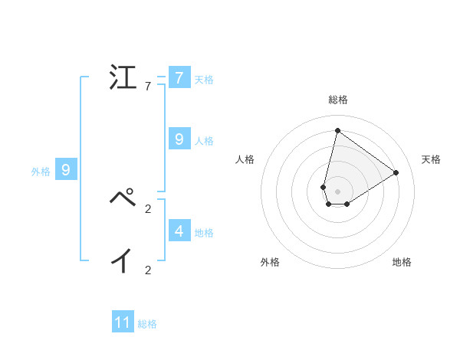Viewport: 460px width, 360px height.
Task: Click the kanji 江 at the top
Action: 123,78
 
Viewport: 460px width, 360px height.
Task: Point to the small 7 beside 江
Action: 147,87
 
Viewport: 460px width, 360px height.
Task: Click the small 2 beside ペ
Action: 148,208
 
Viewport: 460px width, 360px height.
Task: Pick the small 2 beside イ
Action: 148,270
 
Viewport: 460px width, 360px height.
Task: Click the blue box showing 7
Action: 179,78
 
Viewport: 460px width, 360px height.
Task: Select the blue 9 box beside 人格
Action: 179,139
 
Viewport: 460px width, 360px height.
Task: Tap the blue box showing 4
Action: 179,230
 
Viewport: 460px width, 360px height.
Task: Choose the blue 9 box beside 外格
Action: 66,170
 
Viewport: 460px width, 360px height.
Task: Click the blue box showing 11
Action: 123,322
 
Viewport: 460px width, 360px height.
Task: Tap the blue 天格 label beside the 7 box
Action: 204,80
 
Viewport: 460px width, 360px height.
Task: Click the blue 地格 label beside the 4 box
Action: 204,232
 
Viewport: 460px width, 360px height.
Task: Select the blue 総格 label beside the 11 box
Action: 147,324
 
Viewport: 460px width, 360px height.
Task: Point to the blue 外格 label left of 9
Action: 41,172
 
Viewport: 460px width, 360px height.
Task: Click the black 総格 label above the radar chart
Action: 337,100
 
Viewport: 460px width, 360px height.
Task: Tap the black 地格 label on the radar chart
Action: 402,262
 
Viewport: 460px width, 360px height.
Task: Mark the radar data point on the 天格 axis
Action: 396,172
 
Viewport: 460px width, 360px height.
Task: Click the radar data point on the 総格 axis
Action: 337,130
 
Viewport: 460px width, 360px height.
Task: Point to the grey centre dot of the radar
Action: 337,191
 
